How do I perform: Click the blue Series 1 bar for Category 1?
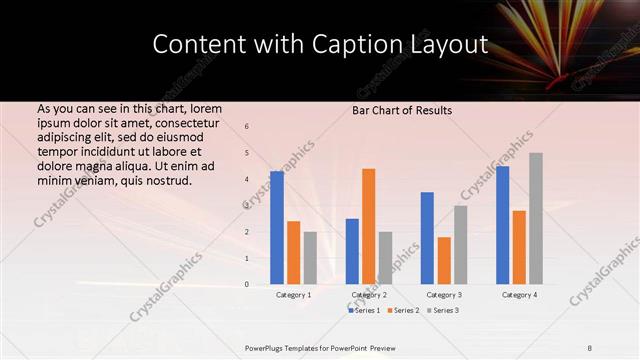(x=277, y=228)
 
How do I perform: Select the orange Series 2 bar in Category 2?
(x=368, y=226)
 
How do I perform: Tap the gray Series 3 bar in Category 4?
(x=536, y=218)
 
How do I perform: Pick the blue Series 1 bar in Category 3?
(x=427, y=238)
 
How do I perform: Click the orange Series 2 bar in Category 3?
(x=444, y=260)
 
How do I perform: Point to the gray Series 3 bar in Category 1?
(x=310, y=258)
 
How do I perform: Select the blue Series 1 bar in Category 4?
(x=502, y=225)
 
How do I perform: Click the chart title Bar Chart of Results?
(x=402, y=110)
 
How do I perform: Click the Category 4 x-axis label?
(x=519, y=295)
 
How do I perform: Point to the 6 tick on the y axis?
(x=247, y=127)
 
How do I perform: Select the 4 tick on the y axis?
(x=247, y=180)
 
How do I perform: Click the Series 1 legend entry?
(x=366, y=311)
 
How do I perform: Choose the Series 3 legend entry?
(x=444, y=311)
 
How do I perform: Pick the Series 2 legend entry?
(x=405, y=311)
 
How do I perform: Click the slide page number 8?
(x=589, y=347)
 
